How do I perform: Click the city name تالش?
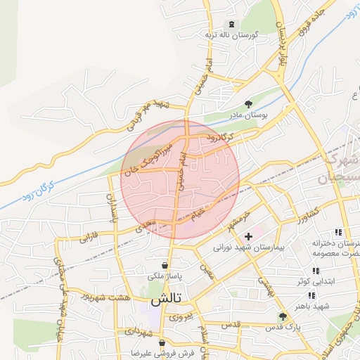click(x=166, y=299)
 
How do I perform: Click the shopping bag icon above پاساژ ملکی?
click(x=165, y=265)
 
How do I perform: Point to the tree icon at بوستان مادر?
click(x=247, y=103)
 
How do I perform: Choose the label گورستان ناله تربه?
click(x=232, y=34)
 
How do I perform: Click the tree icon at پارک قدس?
click(x=282, y=317)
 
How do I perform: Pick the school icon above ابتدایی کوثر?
click(x=316, y=269)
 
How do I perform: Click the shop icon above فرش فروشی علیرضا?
click(x=162, y=344)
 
